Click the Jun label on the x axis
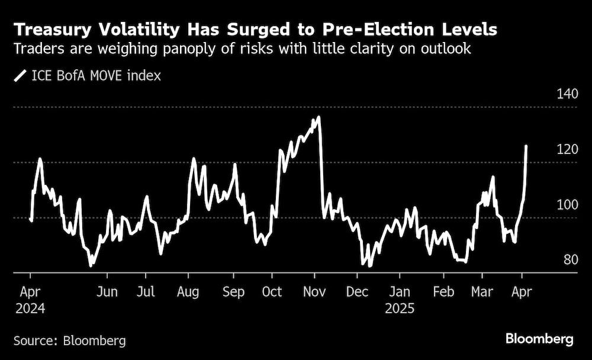[x=107, y=292]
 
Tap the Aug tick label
[x=188, y=292]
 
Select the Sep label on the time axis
[x=233, y=292]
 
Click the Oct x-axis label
[x=272, y=292]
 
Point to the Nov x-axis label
[x=314, y=292]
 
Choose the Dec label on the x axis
[x=357, y=292]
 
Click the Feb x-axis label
[x=443, y=292]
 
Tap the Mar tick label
[x=482, y=292]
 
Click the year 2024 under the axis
[x=30, y=308]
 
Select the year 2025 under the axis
[x=400, y=308]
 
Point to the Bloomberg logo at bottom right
[x=539, y=339]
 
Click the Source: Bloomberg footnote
[x=70, y=340]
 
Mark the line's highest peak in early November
[x=318, y=117]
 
